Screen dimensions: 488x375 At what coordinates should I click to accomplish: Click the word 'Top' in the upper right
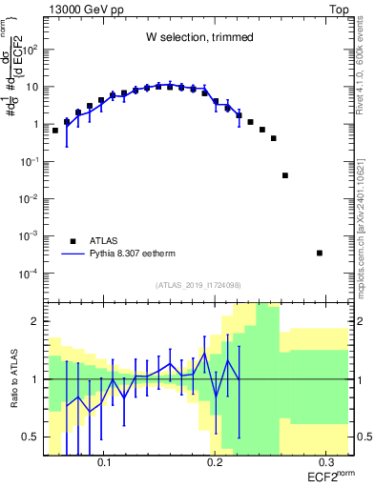click(x=342, y=8)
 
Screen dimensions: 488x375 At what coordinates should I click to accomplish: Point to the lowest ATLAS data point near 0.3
click(x=320, y=253)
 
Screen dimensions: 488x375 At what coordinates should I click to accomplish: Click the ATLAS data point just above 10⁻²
click(x=285, y=175)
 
